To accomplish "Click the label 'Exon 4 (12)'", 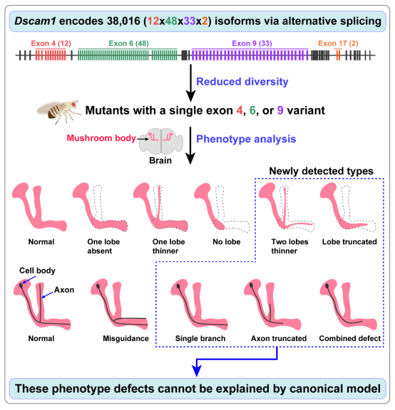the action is point(51,43).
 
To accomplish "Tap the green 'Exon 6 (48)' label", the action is point(129,43).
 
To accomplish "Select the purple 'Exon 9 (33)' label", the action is point(252,43).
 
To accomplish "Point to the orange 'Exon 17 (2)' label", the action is point(338,43).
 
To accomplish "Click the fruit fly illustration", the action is point(59,112).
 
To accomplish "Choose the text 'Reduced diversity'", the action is point(242,82).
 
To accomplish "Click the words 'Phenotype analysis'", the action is point(246,139).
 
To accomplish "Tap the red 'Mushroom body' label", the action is point(101,138).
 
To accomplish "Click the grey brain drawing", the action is point(160,140).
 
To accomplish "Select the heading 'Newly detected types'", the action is point(321,171).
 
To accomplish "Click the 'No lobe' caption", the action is point(227,242).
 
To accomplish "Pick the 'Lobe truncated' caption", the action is point(349,242).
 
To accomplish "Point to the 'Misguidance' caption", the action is point(125,338).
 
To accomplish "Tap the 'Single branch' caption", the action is point(200,338).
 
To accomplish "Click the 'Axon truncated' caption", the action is point(279,338).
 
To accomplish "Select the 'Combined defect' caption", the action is point(350,338).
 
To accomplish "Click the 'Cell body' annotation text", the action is point(37,270).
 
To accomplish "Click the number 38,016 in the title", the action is point(123,21).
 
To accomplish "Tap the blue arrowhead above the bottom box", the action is point(197,371).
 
